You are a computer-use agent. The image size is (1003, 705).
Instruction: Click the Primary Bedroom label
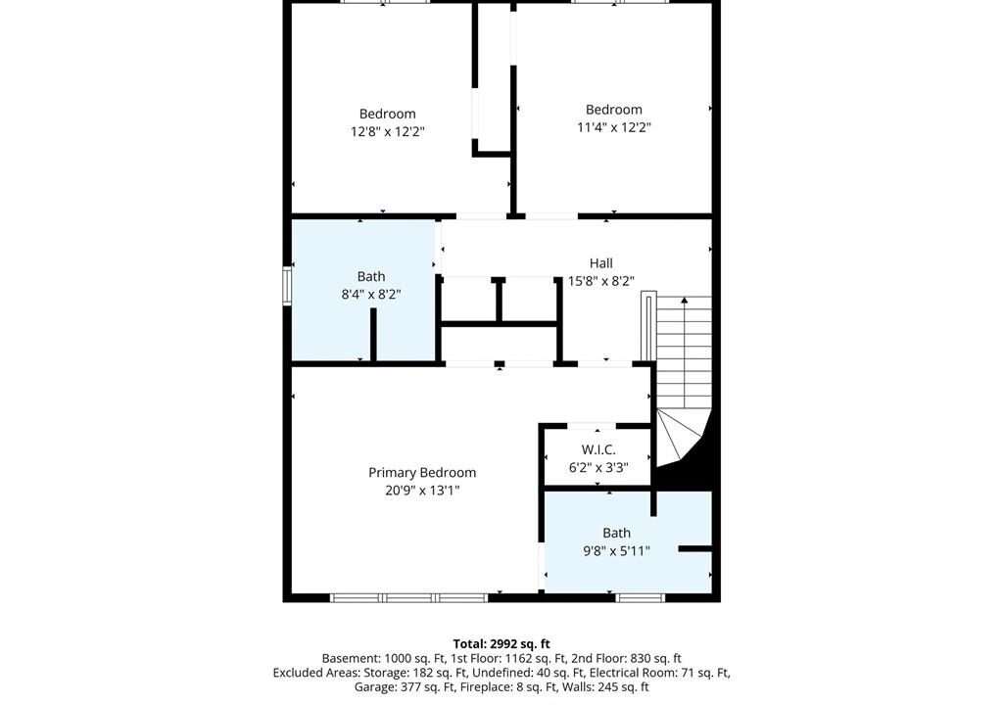[422, 473]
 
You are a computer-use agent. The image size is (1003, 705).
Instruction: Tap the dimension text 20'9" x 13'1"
[422, 491]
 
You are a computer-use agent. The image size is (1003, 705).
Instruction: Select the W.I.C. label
[598, 449]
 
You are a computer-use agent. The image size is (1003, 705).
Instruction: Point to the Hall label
[601, 263]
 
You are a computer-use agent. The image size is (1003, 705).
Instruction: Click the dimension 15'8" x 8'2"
[601, 281]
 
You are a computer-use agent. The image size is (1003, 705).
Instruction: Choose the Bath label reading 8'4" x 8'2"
[371, 276]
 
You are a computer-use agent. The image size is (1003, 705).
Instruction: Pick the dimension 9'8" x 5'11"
[617, 550]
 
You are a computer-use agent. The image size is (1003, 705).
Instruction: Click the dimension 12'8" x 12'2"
[388, 132]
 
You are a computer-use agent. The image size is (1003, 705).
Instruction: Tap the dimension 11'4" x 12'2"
[614, 127]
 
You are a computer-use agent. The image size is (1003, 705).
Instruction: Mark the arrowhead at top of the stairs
[685, 300]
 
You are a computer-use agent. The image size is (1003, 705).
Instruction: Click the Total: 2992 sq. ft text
[501, 644]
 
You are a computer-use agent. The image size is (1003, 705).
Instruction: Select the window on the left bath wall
[287, 285]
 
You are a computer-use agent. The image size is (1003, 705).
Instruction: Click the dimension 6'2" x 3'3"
[598, 468]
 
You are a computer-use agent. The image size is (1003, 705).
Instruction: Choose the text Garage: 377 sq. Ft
[406, 687]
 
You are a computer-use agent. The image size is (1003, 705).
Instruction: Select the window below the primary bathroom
[641, 598]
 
